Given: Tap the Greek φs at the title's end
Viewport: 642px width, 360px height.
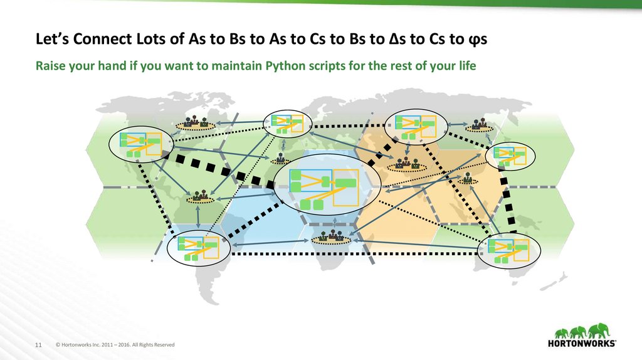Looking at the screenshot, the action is coord(477,40).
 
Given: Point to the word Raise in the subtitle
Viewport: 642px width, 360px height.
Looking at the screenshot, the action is coord(49,66).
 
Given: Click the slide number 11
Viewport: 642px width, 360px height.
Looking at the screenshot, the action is coord(38,344).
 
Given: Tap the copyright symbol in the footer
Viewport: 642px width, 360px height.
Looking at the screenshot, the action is coord(58,344).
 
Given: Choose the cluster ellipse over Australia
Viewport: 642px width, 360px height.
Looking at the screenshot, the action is coord(509,250).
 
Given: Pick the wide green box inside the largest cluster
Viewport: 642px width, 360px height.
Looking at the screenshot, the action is coord(345,183).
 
